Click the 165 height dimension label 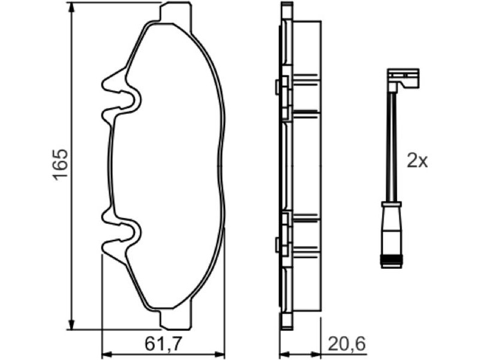60,165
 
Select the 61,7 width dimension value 163,344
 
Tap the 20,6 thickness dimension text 347,344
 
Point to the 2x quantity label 417,161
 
